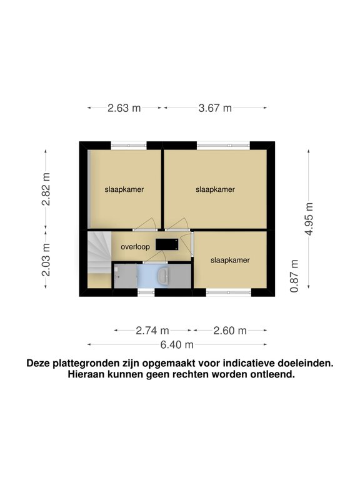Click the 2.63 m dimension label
tap(124, 107)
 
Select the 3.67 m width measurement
tap(215, 107)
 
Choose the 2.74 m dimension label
tap(152, 331)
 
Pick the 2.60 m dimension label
tap(230, 331)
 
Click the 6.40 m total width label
tap(177, 344)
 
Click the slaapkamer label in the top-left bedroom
tap(124, 189)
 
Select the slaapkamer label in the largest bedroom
tap(215, 189)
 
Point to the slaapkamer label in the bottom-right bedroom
tap(230, 260)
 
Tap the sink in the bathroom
tap(164, 276)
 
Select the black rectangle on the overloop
tap(166, 243)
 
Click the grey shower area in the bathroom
tap(124, 276)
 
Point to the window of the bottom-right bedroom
tap(229, 291)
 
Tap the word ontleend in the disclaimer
tap(272, 375)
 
